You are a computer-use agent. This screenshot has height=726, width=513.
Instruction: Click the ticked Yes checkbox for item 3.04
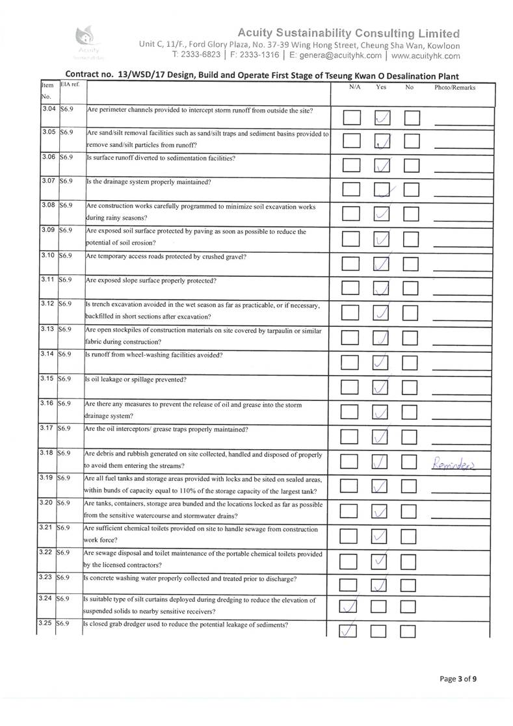click(x=383, y=118)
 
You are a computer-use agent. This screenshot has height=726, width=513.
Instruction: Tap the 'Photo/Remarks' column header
click(x=455, y=87)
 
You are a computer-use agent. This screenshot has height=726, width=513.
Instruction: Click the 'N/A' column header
click(x=354, y=87)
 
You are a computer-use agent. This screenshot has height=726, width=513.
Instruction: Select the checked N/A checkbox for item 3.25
click(x=350, y=631)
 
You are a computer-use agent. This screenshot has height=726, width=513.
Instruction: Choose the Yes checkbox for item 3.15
click(x=382, y=387)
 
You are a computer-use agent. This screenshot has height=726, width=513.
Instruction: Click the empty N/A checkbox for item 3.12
click(x=351, y=313)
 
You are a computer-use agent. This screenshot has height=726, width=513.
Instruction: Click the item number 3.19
click(x=47, y=478)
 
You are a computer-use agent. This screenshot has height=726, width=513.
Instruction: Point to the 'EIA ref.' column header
click(x=68, y=85)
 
